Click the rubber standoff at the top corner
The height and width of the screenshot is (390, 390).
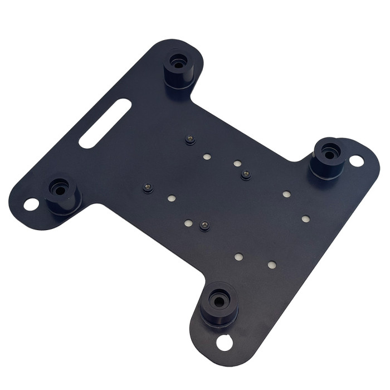(179, 69)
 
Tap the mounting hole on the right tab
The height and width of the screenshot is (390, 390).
(357, 161)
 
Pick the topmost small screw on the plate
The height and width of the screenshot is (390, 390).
(191, 139)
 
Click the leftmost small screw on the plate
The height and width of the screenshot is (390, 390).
(148, 188)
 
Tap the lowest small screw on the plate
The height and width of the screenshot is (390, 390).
(204, 226)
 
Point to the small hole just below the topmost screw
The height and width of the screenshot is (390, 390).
(207, 158)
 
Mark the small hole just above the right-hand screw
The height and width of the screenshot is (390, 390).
(237, 164)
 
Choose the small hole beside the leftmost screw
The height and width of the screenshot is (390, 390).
(171, 198)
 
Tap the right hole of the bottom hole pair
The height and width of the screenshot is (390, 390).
(271, 265)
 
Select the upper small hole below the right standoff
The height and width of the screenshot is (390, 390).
(286, 194)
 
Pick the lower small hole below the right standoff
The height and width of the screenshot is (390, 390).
(305, 218)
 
